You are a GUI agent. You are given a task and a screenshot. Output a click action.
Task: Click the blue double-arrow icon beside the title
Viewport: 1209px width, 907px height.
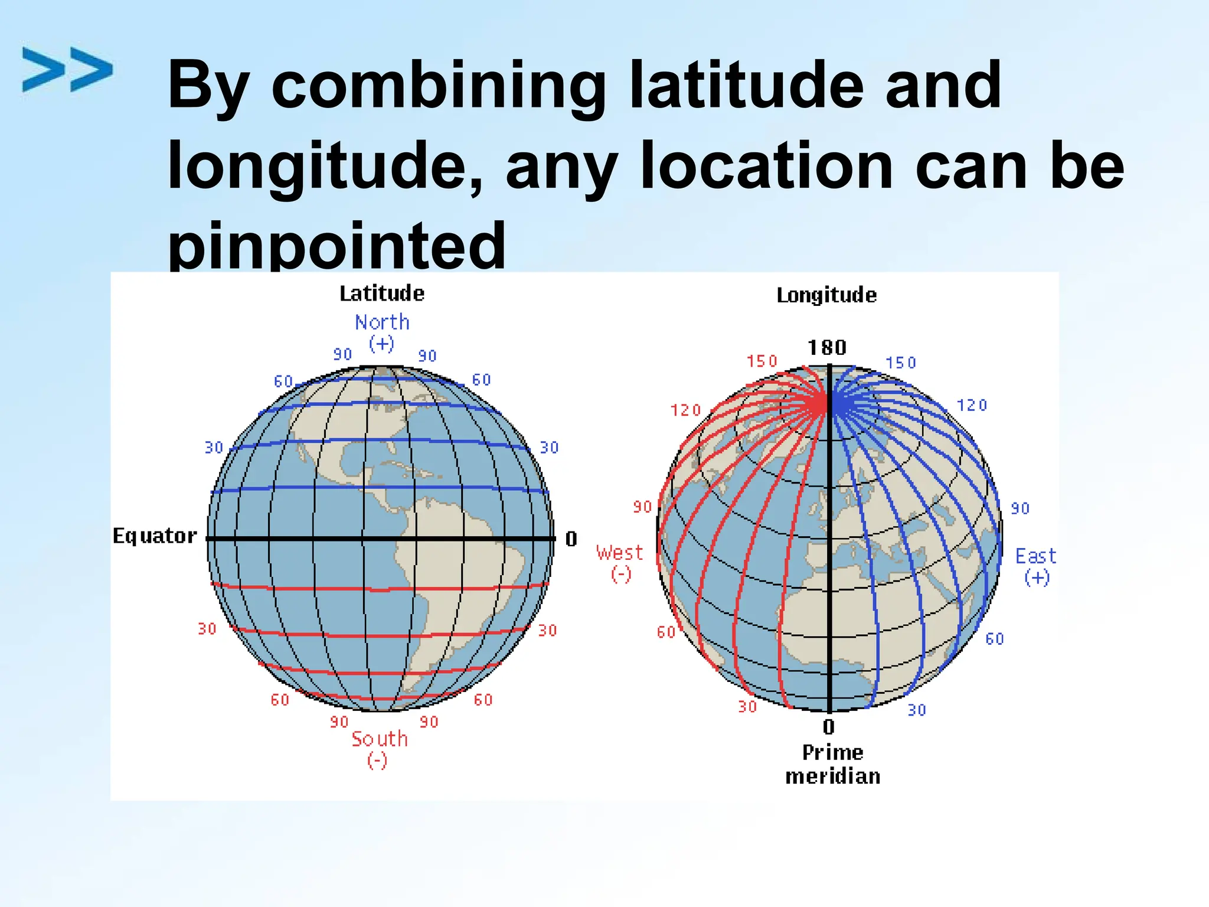point(67,70)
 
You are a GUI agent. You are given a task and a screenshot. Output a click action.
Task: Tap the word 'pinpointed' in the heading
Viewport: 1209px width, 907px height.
point(336,245)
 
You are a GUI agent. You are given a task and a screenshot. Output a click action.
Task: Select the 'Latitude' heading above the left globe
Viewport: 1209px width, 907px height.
point(382,293)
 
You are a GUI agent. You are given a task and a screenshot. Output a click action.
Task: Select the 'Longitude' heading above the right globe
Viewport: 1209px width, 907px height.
point(826,295)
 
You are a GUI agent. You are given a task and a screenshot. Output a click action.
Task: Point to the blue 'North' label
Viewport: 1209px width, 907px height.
point(382,322)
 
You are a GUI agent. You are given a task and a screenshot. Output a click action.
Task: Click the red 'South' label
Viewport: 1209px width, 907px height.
point(380,739)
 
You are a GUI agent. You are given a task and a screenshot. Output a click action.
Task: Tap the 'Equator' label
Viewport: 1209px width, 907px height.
point(155,536)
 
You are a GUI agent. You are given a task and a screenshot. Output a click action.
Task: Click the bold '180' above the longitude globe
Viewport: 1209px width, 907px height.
point(827,347)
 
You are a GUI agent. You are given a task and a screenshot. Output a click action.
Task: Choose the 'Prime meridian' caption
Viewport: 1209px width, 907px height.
point(832,764)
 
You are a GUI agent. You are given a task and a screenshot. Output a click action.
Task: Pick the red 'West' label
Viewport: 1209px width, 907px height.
point(619,553)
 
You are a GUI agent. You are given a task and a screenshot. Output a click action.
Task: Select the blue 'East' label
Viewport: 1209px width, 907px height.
point(1035,556)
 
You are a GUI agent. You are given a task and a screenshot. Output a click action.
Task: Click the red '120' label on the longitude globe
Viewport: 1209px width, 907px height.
point(685,410)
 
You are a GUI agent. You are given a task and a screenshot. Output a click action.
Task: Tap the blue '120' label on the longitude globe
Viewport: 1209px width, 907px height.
point(972,405)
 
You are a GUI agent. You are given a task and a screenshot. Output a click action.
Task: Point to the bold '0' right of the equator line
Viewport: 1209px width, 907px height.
point(571,539)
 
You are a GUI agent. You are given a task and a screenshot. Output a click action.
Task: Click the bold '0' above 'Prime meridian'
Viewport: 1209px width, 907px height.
point(829,726)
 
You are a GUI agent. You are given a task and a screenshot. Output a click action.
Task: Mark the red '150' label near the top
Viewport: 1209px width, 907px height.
point(762,361)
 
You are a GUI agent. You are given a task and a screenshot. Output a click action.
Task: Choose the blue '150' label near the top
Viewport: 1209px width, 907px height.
point(901,363)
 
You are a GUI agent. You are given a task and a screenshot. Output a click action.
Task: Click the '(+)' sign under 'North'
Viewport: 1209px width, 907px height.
point(381,343)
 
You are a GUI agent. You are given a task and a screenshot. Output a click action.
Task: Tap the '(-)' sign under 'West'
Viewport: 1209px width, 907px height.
point(621,574)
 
